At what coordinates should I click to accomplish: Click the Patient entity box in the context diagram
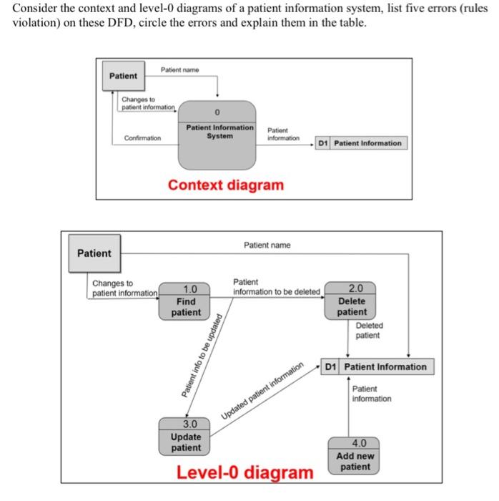pyautogui.click(x=124, y=76)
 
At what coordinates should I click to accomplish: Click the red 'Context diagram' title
pyautogui.click(x=225, y=185)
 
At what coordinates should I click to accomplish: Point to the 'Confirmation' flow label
pyautogui.click(x=142, y=138)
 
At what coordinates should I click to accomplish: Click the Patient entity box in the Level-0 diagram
pyautogui.click(x=94, y=253)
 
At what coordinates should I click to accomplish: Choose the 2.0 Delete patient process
pyautogui.click(x=352, y=301)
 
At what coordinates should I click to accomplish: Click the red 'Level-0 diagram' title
pyautogui.click(x=244, y=473)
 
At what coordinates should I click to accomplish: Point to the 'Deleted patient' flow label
pyautogui.click(x=369, y=330)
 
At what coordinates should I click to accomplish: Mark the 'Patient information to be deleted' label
pyautogui.click(x=276, y=287)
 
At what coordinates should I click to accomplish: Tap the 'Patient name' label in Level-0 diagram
pyautogui.click(x=267, y=245)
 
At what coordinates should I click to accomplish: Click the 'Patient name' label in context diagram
pyautogui.click(x=179, y=69)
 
